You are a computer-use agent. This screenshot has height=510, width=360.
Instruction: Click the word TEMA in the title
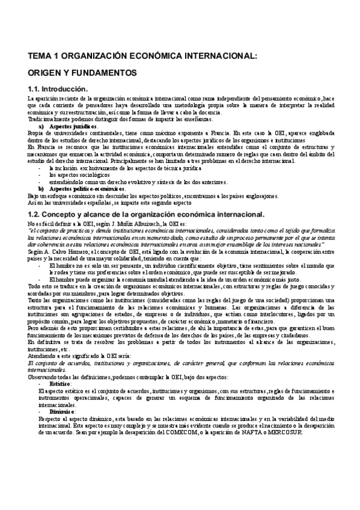(40, 57)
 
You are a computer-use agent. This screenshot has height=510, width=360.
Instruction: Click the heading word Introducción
(67, 89)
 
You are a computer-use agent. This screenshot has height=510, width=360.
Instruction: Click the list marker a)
(41, 127)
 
